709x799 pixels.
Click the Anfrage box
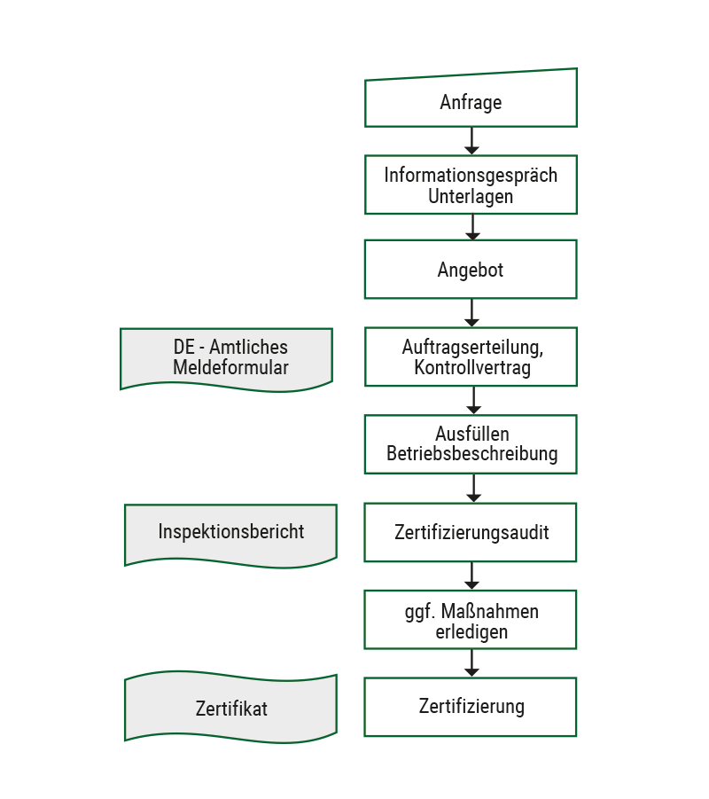(471, 98)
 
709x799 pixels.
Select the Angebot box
(471, 269)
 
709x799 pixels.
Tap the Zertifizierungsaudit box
(471, 532)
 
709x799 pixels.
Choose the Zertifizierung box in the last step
(471, 707)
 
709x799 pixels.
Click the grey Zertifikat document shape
(230, 708)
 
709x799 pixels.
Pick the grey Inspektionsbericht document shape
(230, 536)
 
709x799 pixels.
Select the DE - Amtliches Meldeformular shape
(227, 360)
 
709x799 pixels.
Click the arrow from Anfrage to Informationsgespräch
(471, 141)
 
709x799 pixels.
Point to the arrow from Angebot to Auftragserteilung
(471, 312)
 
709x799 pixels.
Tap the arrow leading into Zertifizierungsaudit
(473, 488)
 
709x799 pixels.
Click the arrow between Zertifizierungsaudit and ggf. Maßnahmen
(471, 576)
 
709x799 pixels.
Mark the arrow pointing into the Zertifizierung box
(471, 663)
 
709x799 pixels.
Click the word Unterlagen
(471, 196)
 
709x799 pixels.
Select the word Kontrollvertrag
(472, 367)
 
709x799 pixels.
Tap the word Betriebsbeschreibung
(472, 453)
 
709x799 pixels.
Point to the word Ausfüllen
(472, 434)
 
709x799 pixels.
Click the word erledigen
(471, 632)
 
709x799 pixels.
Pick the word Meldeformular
(230, 367)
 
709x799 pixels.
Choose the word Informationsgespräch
(471, 176)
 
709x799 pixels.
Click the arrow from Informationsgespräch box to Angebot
(472, 227)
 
